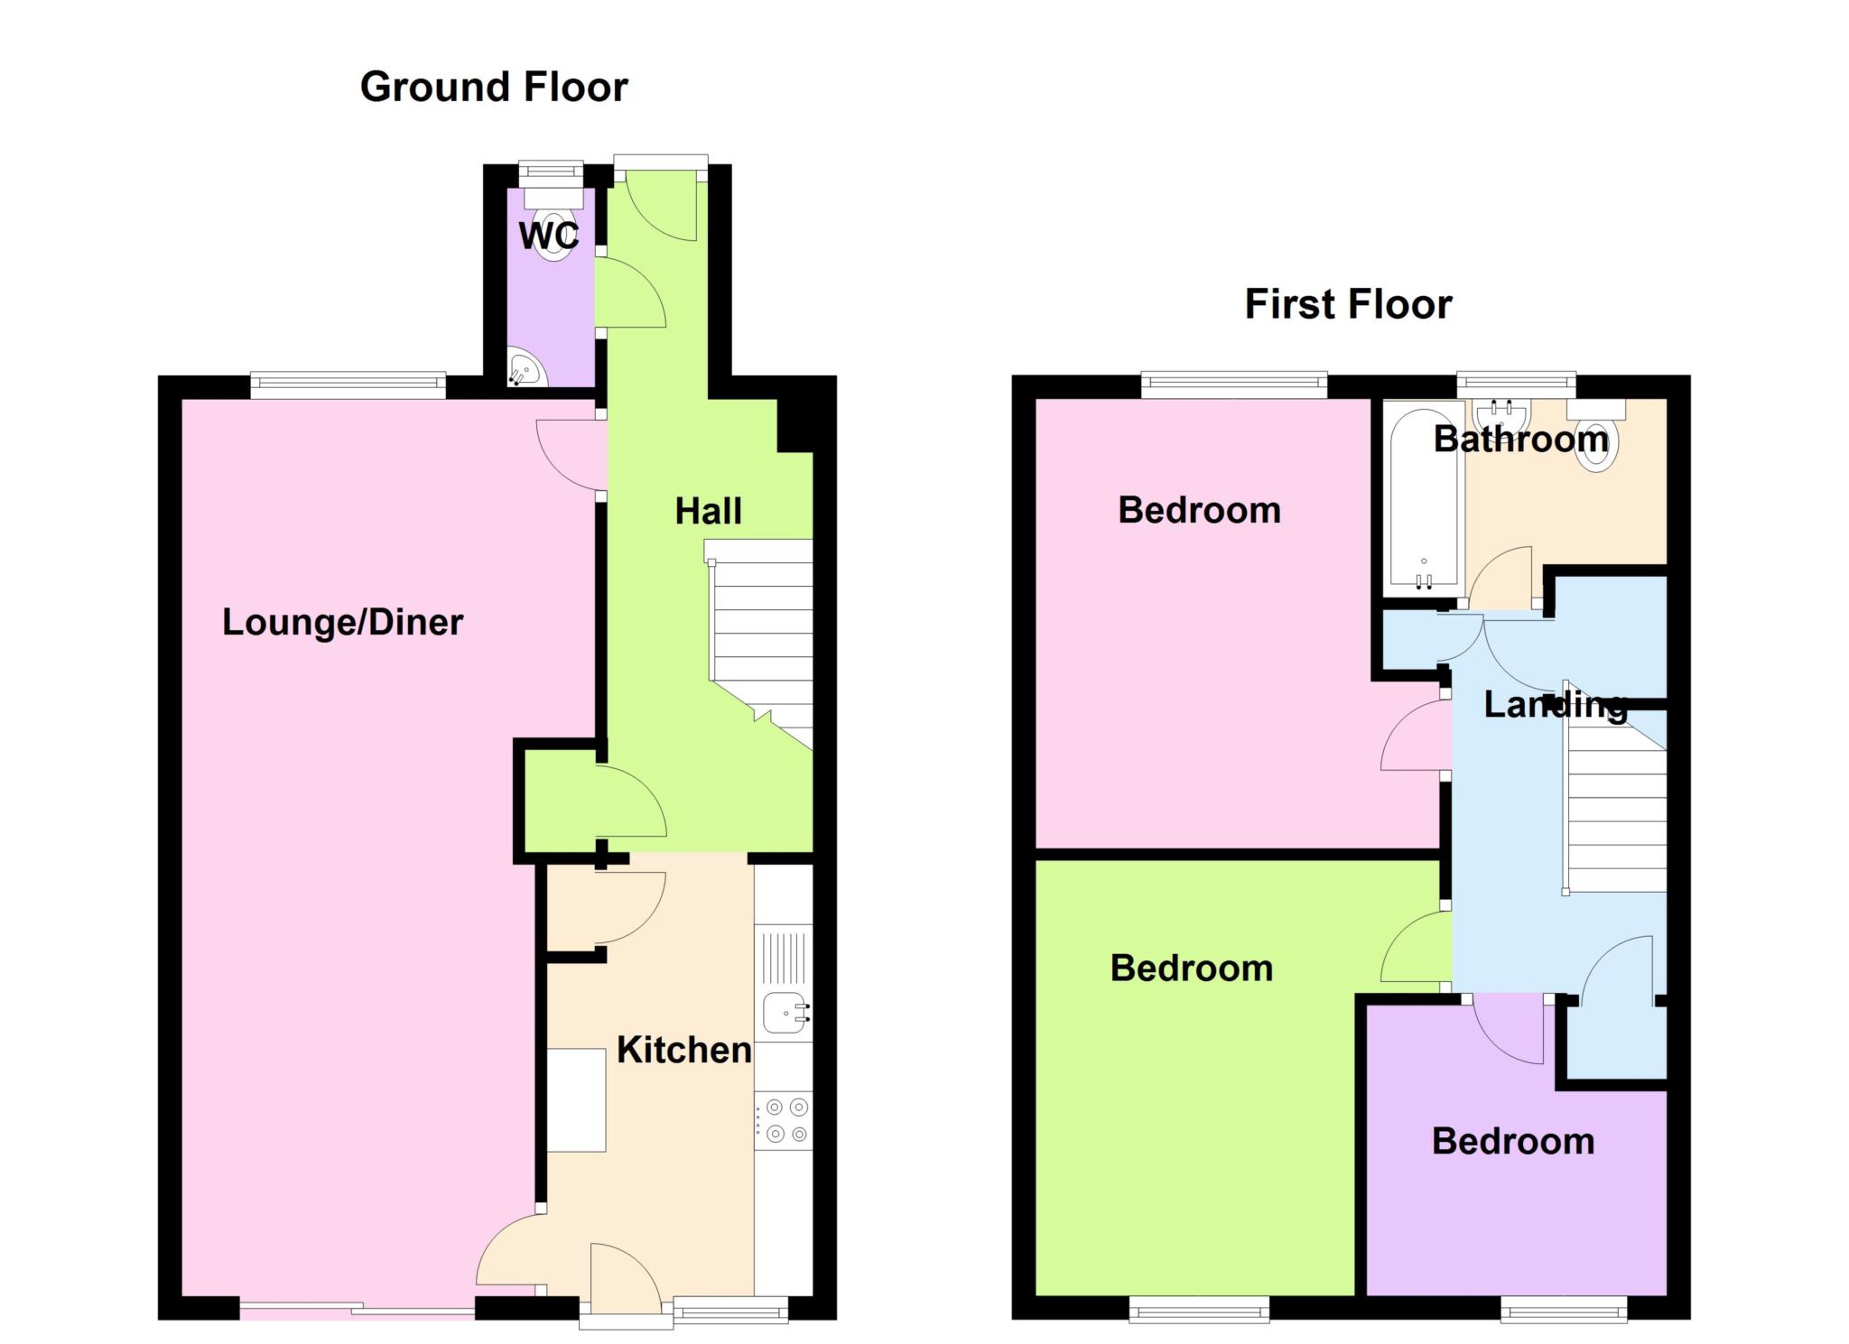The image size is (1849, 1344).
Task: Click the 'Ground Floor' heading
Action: pos(494,88)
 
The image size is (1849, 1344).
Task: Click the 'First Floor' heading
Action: pos(1348,304)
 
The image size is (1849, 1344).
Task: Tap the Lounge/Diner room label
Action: pos(342,622)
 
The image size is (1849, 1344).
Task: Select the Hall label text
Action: pos(709,511)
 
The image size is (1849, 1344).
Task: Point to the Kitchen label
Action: pos(683,1050)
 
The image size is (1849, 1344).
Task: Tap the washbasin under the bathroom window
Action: pos(1501,416)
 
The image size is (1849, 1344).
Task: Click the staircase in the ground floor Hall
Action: pos(760,643)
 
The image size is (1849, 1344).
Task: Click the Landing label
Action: pos(1556,705)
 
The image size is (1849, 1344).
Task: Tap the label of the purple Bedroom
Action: pos(1513,1142)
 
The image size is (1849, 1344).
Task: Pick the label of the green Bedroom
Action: pos(1192,969)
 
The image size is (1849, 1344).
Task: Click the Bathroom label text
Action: pos(1521,440)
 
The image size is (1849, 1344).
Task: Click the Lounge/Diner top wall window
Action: pos(348,386)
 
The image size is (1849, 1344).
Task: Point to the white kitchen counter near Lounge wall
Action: pos(576,1099)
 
